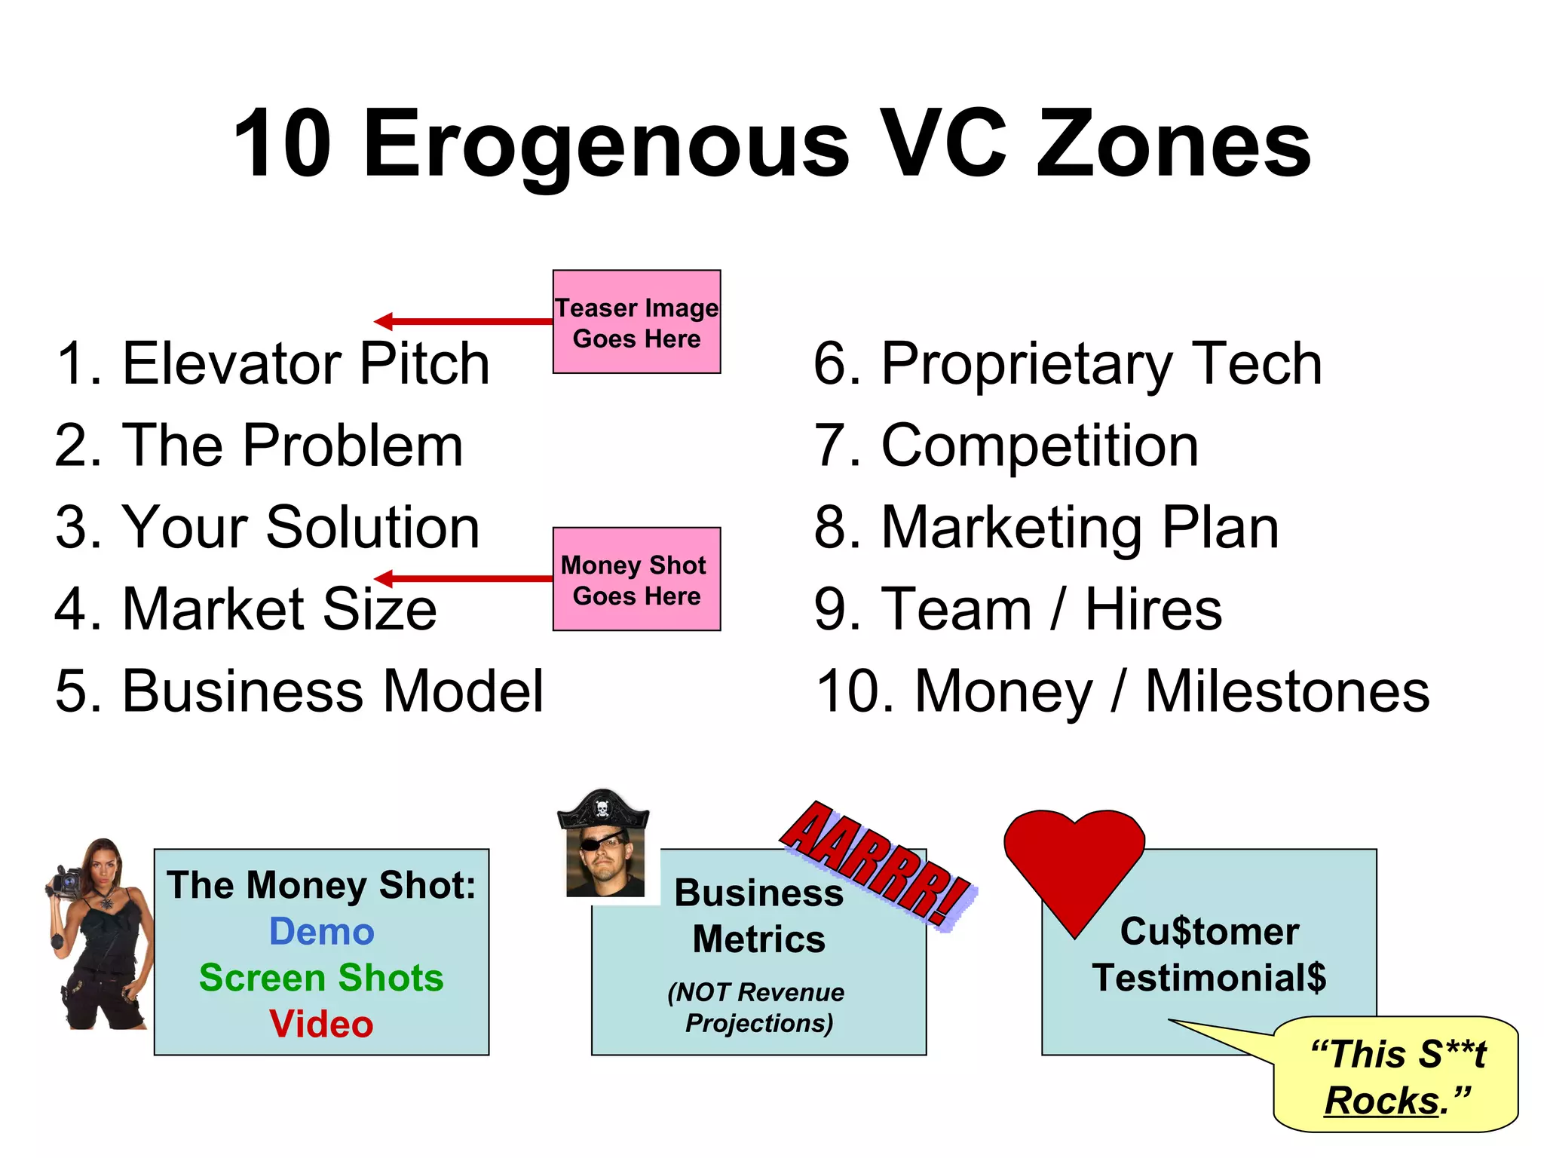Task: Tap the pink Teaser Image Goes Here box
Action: pos(636,322)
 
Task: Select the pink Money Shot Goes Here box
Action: pos(636,579)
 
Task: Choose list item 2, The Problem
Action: pos(259,446)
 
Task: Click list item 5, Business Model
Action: pos(299,691)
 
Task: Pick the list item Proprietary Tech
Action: pos(1068,364)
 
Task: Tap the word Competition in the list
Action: pos(1039,446)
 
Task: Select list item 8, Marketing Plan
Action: pos(1046,528)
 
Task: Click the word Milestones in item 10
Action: pos(1287,691)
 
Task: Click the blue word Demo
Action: pos(322,932)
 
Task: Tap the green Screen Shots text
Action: pos(322,978)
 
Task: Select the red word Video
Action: pos(322,1025)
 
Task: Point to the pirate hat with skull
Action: pos(603,811)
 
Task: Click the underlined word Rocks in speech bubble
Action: pos(1382,1101)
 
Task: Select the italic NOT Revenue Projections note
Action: pos(758,1007)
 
